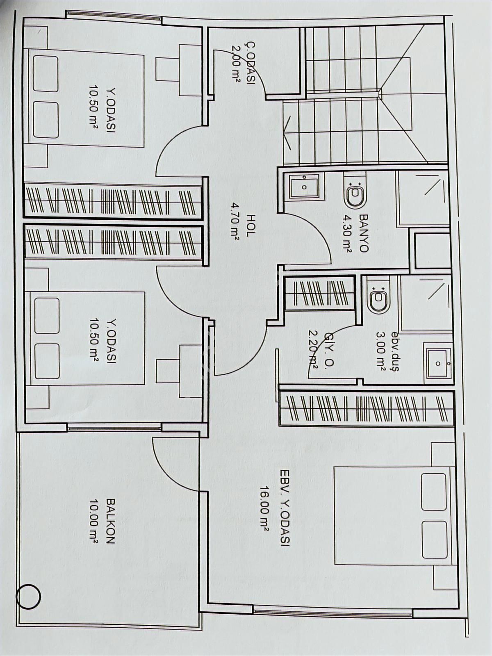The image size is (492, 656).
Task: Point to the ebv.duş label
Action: [x=394, y=351]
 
